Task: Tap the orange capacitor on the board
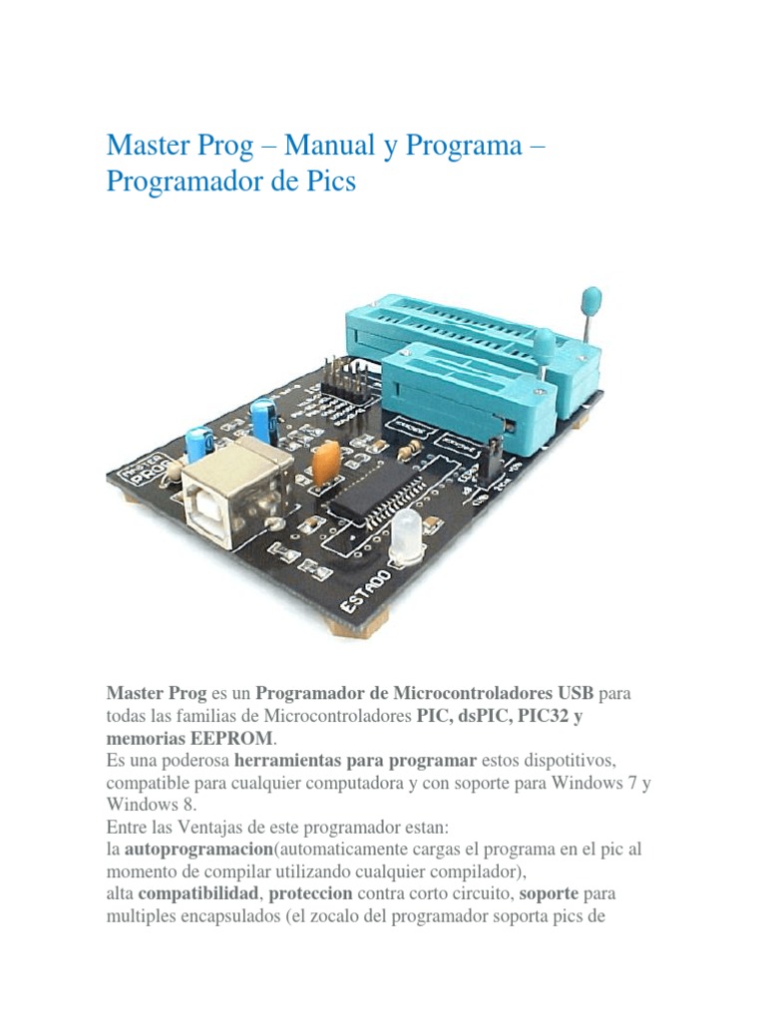[x=324, y=460]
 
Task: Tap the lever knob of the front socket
[x=545, y=344]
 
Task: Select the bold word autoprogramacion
[x=197, y=850]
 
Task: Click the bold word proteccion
[x=310, y=893]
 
